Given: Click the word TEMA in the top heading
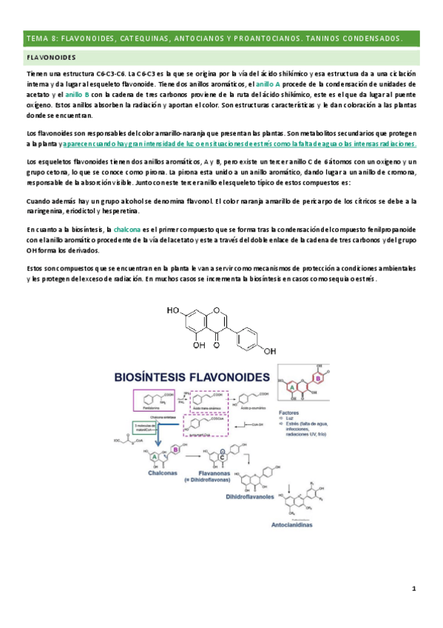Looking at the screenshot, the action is (x=35, y=37).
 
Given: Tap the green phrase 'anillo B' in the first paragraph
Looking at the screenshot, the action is (x=78, y=96).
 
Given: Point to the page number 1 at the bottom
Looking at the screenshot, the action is (x=415, y=589).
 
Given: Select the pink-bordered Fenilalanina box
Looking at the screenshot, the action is (x=153, y=401).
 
